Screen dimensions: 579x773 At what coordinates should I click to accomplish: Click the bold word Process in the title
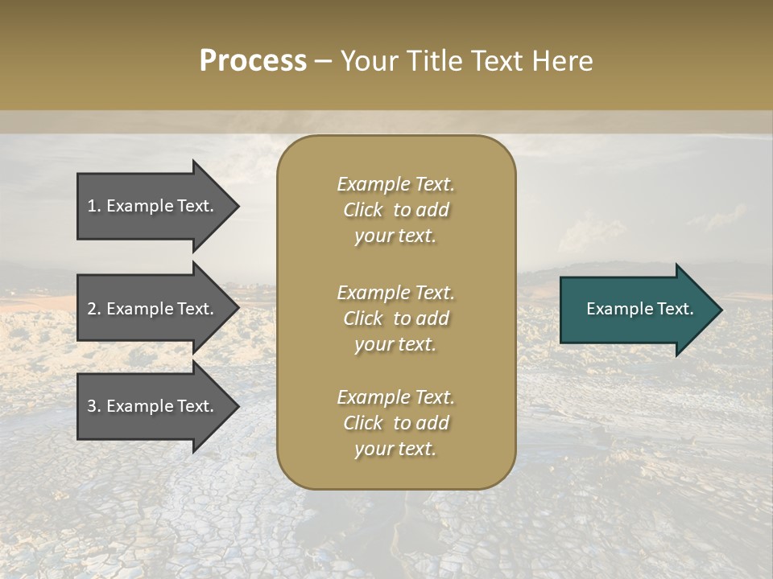pyautogui.click(x=253, y=61)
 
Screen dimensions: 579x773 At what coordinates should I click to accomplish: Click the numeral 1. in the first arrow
pyautogui.click(x=93, y=206)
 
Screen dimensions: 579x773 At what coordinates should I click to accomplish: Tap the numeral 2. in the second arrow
pyautogui.click(x=93, y=309)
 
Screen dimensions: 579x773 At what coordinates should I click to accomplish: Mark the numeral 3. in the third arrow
pyautogui.click(x=93, y=406)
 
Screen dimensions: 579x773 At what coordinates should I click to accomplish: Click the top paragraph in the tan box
pyautogui.click(x=395, y=210)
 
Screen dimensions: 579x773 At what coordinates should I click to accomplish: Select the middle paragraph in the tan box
pyautogui.click(x=395, y=318)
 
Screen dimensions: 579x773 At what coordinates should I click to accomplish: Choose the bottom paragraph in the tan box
pyautogui.click(x=395, y=423)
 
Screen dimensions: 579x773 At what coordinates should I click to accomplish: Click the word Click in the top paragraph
pyautogui.click(x=363, y=210)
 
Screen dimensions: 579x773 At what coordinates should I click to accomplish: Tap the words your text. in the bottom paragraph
pyautogui.click(x=395, y=449)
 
